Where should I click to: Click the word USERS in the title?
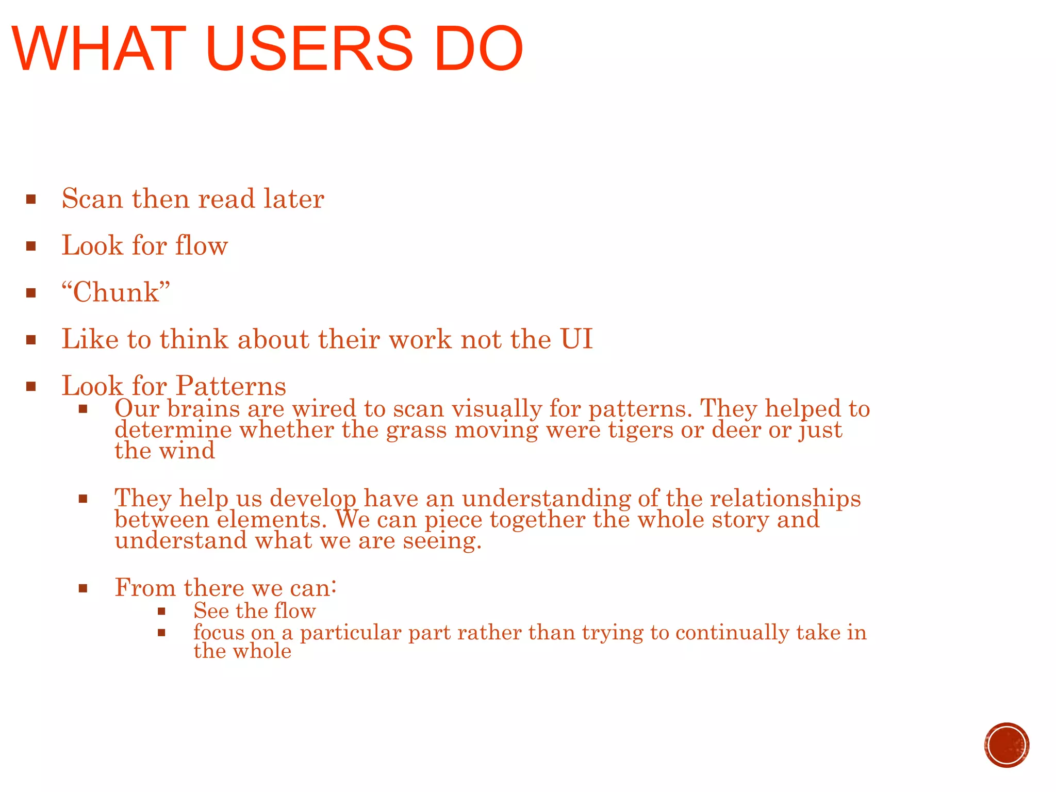(308, 48)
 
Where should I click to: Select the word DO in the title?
(478, 48)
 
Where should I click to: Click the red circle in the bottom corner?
(1006, 745)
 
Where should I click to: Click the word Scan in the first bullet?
(93, 199)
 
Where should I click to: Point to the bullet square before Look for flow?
(31, 246)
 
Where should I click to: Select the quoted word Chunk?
(116, 292)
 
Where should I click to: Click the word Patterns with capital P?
(230, 386)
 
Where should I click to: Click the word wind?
(186, 451)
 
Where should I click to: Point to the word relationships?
(785, 498)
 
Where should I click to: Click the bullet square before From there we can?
(83, 588)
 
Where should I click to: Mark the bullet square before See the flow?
(161, 612)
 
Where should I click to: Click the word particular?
(350, 633)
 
